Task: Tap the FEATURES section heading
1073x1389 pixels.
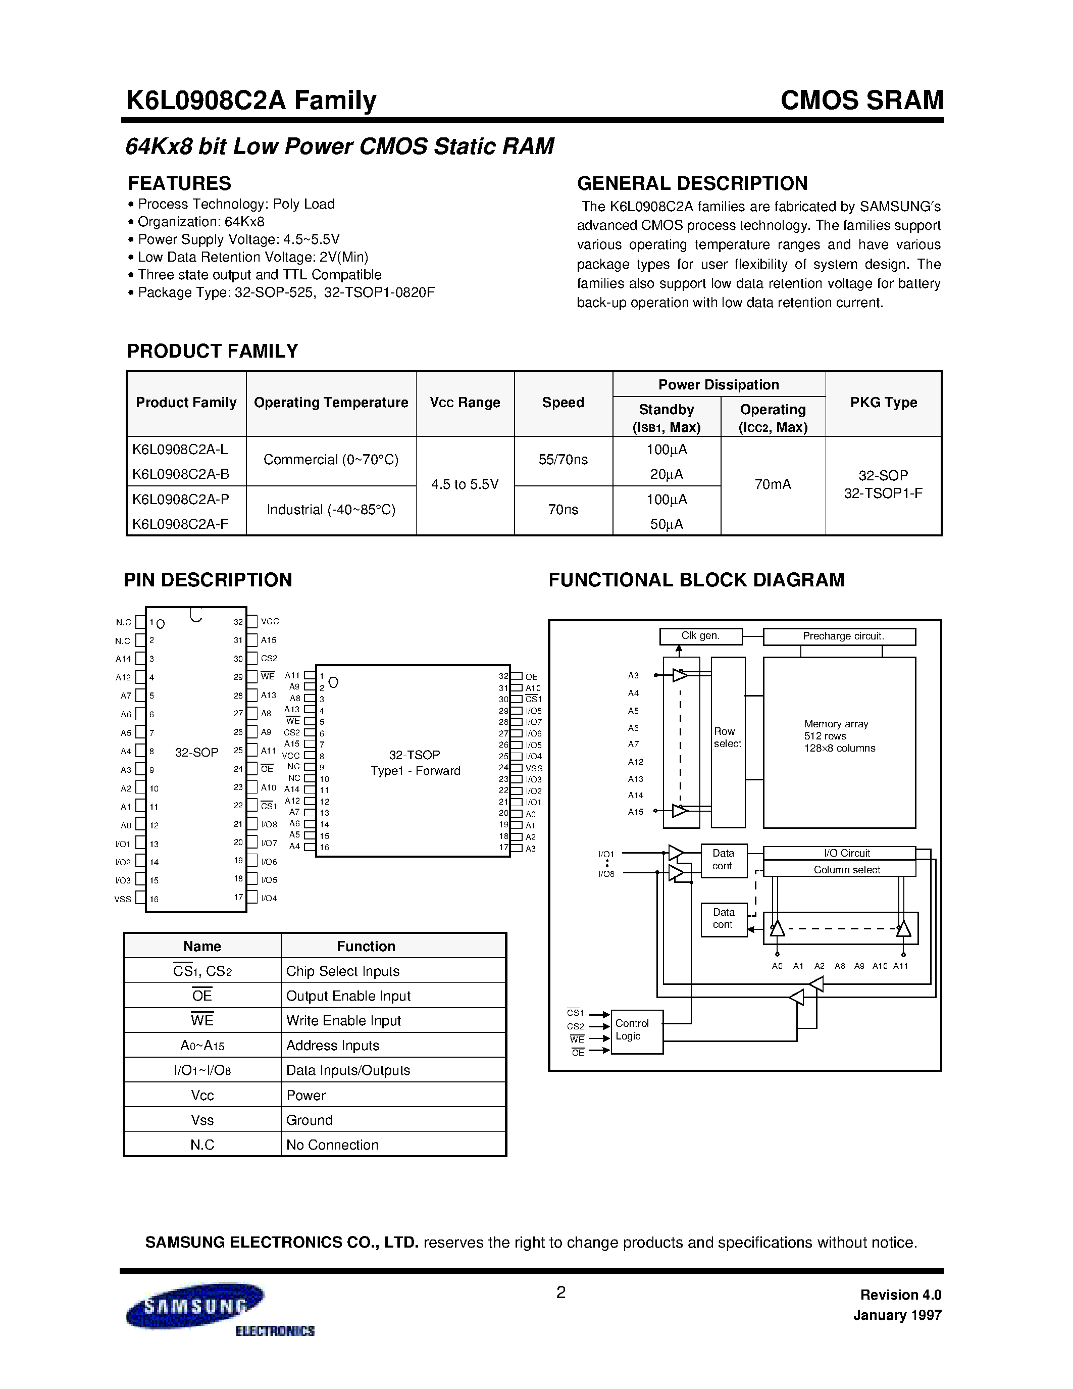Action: [179, 183]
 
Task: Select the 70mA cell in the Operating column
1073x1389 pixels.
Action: [773, 484]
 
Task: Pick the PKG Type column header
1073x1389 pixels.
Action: [883, 403]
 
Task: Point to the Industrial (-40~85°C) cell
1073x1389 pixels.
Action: [331, 510]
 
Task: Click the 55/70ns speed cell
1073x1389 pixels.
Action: [563, 460]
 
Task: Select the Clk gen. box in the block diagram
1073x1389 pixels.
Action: [700, 636]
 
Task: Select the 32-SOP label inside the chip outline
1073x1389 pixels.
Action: [196, 753]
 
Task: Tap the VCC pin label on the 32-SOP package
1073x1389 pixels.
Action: [270, 621]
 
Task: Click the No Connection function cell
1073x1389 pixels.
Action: [332, 1145]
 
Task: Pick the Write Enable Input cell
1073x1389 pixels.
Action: [343, 1021]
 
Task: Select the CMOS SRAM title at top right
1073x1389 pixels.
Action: [861, 101]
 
